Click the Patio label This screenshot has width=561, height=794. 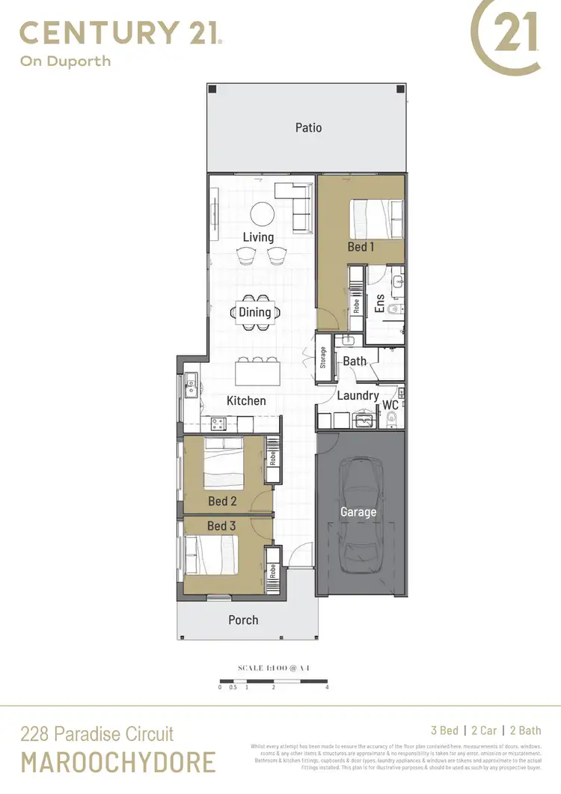308,128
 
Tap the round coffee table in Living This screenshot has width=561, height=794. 262,213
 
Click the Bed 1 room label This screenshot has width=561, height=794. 361,246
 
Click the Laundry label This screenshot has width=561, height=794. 358,396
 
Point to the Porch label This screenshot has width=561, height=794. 243,620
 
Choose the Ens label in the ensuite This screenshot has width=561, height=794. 379,303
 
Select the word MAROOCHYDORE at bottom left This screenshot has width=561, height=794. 117,763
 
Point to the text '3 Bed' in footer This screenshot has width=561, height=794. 444,731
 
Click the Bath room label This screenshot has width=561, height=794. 355,361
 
